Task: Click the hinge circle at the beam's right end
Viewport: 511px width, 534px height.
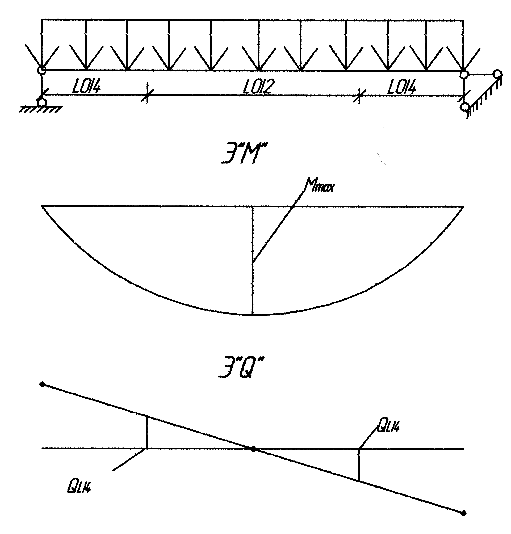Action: coord(464,74)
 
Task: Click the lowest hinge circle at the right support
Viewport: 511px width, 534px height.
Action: coord(464,106)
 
